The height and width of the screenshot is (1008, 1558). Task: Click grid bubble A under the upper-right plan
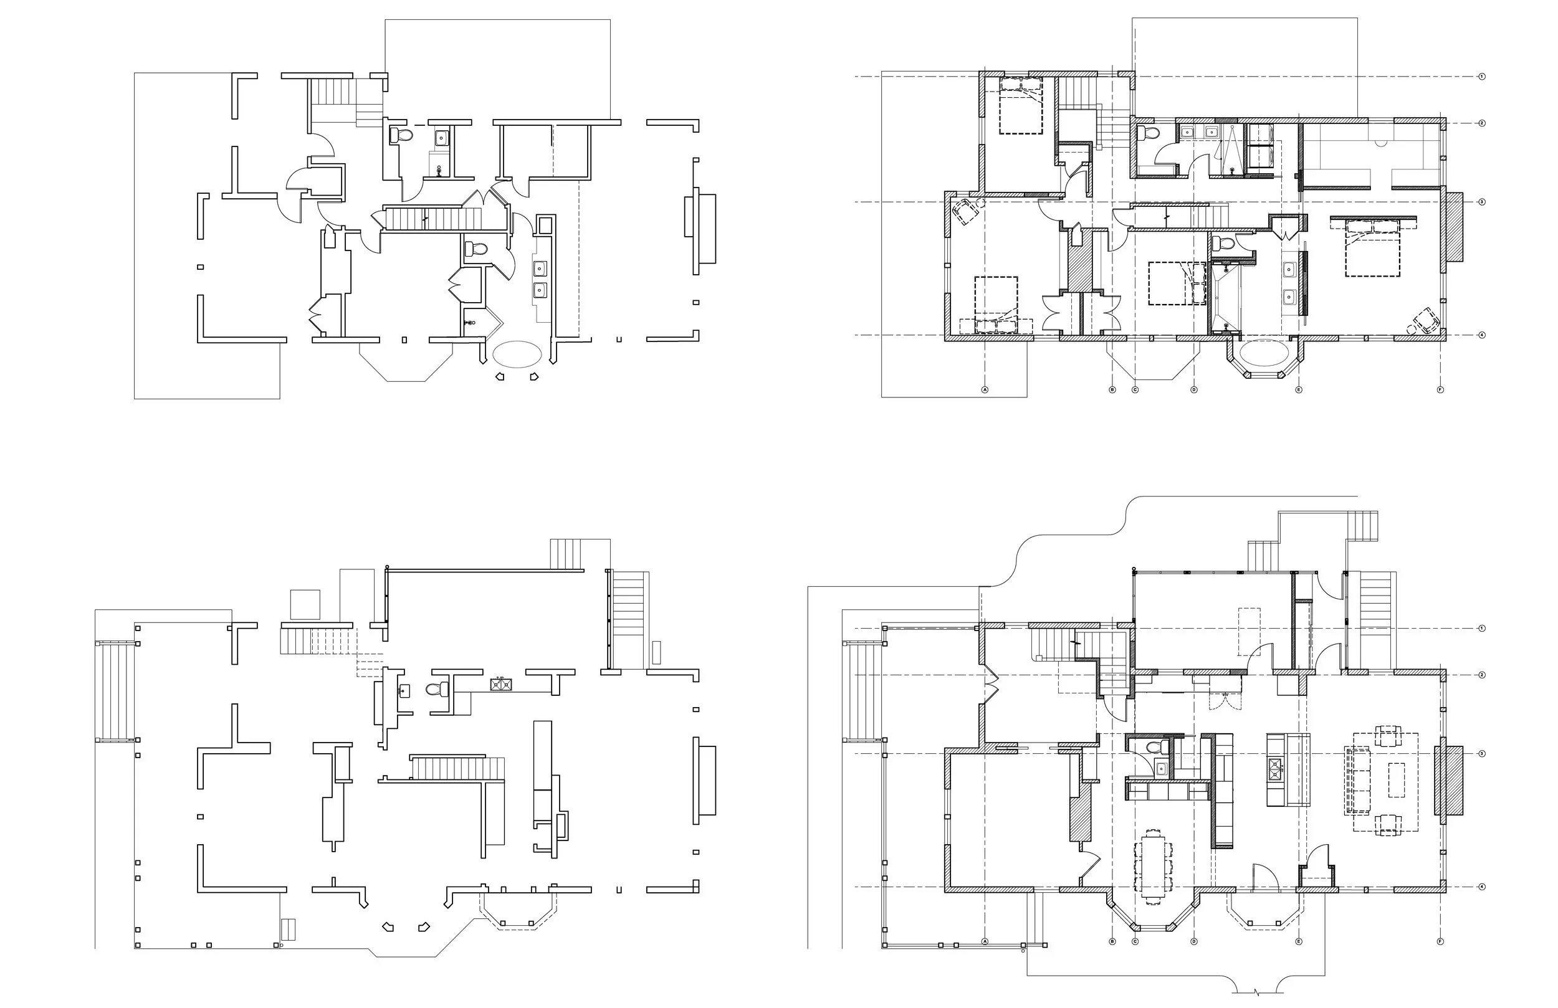[x=985, y=389]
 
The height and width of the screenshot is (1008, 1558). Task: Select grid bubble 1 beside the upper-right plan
[x=1482, y=77]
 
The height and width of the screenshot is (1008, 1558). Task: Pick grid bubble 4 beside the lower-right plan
[x=1482, y=887]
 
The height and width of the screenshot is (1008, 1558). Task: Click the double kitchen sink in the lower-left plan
[x=502, y=685]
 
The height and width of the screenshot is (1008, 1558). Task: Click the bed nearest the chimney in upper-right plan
[x=1372, y=249]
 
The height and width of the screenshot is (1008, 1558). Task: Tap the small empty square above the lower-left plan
[x=305, y=604]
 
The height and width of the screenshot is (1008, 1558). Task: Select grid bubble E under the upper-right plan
[x=1299, y=389]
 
